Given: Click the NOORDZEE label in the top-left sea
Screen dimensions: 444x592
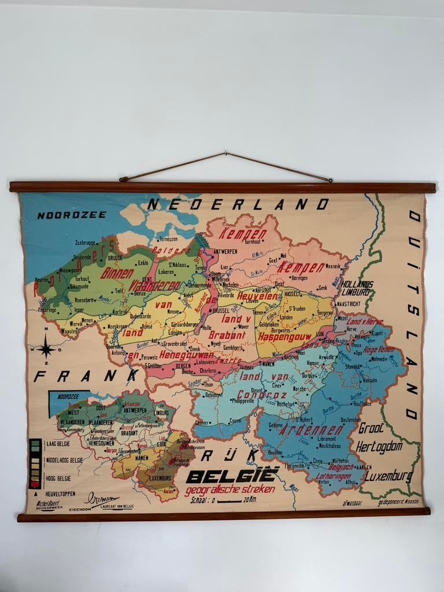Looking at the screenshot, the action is (72, 215).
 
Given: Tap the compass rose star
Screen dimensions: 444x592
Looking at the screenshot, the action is (46, 349).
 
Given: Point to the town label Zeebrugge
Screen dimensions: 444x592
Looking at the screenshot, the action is (86, 243).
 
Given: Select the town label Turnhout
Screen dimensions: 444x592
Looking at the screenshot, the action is (253, 242).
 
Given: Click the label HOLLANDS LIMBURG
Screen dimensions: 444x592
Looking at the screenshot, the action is (357, 288).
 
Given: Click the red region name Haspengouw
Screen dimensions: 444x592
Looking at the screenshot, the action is (284, 336).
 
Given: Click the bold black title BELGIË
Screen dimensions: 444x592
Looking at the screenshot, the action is (232, 476).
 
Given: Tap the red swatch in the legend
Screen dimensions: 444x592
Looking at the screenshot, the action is (35, 483).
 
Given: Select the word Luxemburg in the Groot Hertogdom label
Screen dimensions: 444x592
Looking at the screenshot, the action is (384, 477).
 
